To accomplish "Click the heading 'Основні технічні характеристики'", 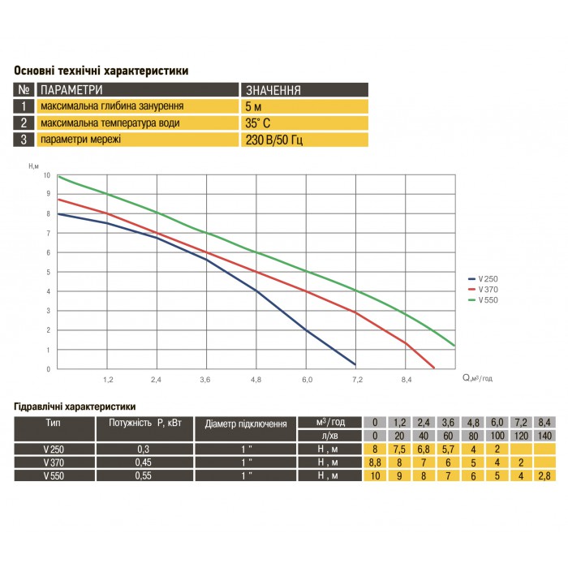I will pyautogui.click(x=101, y=71).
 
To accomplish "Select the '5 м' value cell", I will pyautogui.click(x=253, y=106).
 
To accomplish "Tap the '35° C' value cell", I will pyautogui.click(x=259, y=123).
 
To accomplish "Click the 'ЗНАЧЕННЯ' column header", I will pyautogui.click(x=273, y=90).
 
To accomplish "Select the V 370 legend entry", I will pyautogui.click(x=487, y=290).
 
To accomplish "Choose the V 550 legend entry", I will pyautogui.click(x=487, y=299).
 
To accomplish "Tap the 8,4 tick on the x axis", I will pyautogui.click(x=406, y=379).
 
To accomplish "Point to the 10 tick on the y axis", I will pyautogui.click(x=47, y=176).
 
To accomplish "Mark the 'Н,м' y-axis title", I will pyautogui.click(x=33, y=166).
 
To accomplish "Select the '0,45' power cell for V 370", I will pyautogui.click(x=144, y=463).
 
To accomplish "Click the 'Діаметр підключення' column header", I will pyautogui.click(x=246, y=424).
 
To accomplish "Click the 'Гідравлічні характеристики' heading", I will pyautogui.click(x=75, y=406).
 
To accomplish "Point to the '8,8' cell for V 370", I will pyautogui.click(x=374, y=463).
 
